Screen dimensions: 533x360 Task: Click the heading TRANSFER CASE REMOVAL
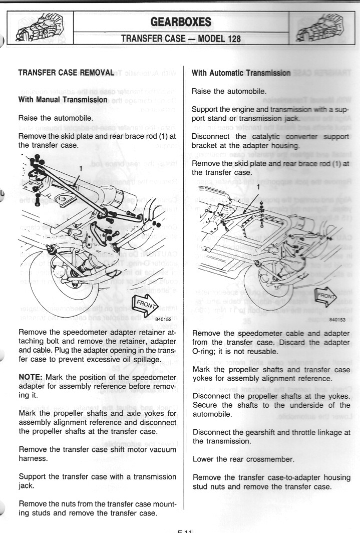click(67, 72)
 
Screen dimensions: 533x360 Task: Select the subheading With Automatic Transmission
click(241, 73)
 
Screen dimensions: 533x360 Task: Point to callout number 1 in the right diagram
click(258, 186)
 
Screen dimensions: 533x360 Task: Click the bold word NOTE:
click(33, 376)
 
